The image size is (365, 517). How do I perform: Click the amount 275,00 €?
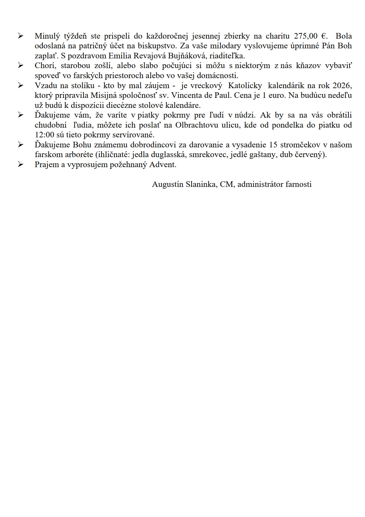coord(311,36)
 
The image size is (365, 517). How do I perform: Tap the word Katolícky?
coord(245,85)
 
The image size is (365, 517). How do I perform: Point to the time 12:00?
coord(44,135)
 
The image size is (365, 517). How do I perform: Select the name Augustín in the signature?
coord(167,185)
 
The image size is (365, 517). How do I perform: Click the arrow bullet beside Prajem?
coord(21,164)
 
